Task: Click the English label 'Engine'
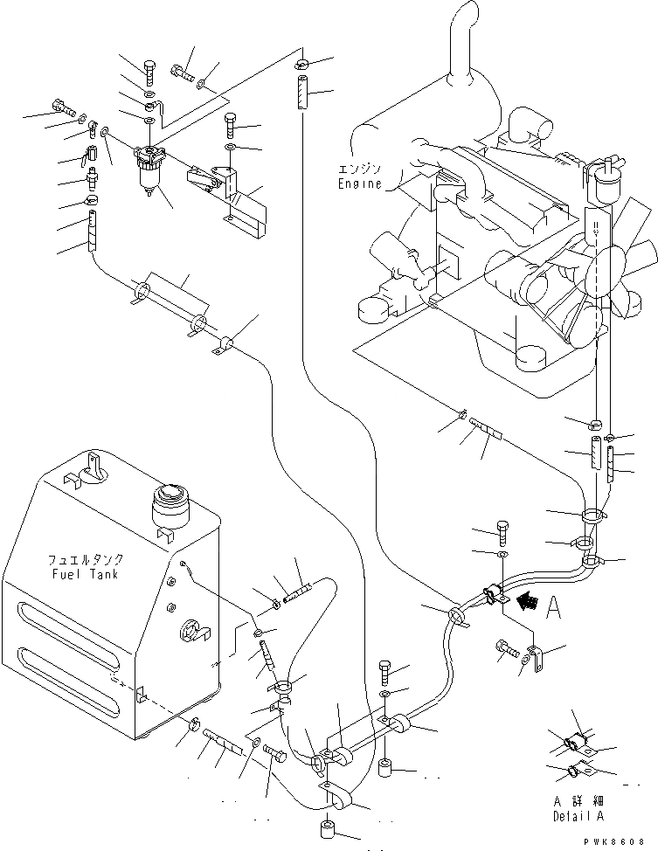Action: pos(358,184)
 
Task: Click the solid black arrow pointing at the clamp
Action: pos(528,600)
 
